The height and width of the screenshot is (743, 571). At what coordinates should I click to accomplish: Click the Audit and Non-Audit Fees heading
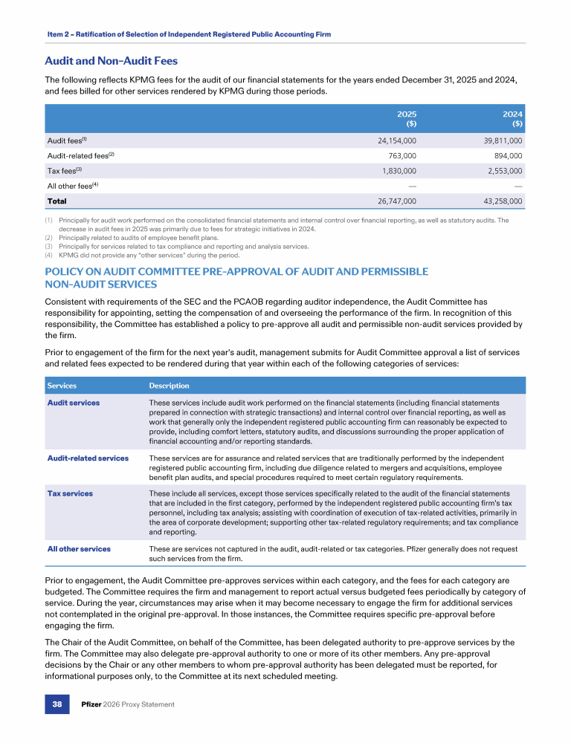click(112, 61)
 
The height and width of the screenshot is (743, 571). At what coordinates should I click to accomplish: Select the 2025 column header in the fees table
click(406, 118)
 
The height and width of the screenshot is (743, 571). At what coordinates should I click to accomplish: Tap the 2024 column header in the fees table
click(513, 118)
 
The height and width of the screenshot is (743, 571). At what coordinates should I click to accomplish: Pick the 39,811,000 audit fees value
click(498, 140)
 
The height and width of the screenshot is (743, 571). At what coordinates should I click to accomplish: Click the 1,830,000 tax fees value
click(394, 171)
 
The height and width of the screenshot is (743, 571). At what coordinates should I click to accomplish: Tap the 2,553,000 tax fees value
click(501, 171)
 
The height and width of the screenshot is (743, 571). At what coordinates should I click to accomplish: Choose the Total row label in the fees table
click(57, 201)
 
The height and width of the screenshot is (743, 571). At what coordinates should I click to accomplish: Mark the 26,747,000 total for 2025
click(391, 201)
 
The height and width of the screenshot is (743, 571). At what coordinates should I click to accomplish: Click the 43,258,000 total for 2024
click(498, 201)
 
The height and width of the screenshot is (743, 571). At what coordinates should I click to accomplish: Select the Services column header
click(62, 386)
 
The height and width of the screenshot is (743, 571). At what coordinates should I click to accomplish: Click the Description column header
click(169, 386)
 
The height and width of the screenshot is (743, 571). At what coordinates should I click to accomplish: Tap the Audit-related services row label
click(88, 458)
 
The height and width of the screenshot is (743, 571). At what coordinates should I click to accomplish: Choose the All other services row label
click(79, 549)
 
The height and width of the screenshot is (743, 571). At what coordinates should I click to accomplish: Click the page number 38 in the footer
click(57, 704)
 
